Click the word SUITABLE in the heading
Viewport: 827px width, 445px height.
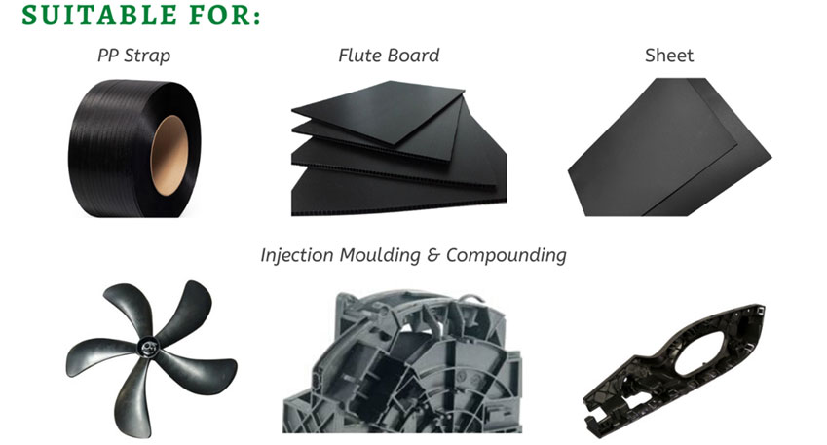[99, 15]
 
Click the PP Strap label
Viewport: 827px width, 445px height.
[134, 56]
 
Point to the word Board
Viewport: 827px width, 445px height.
[413, 56]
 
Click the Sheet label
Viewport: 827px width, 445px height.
[669, 56]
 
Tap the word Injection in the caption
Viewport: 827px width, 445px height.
[297, 255]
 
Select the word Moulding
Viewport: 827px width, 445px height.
[380, 255]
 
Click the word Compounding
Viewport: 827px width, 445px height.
[507, 255]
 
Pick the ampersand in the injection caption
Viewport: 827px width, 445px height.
[433, 255]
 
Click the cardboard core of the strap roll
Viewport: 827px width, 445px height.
[169, 156]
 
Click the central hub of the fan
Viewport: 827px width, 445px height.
[148, 348]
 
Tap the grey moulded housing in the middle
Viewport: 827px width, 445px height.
[402, 363]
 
